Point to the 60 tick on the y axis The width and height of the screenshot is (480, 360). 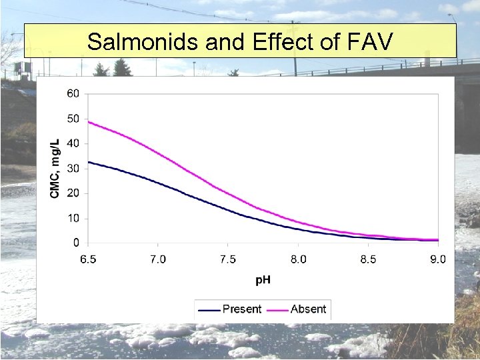coord(73,93)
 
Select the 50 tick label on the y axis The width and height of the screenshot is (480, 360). coord(73,119)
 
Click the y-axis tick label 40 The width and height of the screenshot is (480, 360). coord(73,143)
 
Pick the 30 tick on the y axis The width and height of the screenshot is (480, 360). coord(73,169)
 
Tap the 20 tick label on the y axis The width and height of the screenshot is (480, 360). coord(73,193)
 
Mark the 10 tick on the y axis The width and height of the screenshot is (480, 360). coord(73,219)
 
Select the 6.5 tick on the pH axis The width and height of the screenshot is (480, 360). coord(88,259)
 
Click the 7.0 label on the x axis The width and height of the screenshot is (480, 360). coord(158,259)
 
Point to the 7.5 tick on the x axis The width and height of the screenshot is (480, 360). coord(228,259)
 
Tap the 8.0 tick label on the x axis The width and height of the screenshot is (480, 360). coord(298,259)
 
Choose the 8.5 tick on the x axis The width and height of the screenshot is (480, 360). coord(368,259)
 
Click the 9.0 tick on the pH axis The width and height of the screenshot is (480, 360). coord(437,259)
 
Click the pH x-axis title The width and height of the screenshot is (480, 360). coord(263,279)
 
